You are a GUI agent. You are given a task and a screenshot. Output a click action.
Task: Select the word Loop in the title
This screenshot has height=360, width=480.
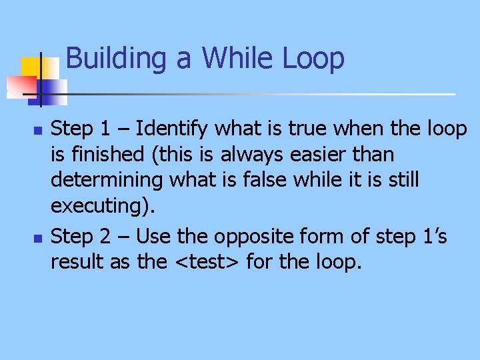(x=313, y=59)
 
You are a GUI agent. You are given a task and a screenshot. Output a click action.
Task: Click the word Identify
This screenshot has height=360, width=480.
(x=174, y=128)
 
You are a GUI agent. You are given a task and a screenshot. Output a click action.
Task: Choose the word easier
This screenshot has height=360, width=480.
(x=323, y=154)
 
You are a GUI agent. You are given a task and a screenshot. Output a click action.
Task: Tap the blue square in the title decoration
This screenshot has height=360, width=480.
(x=52, y=90)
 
